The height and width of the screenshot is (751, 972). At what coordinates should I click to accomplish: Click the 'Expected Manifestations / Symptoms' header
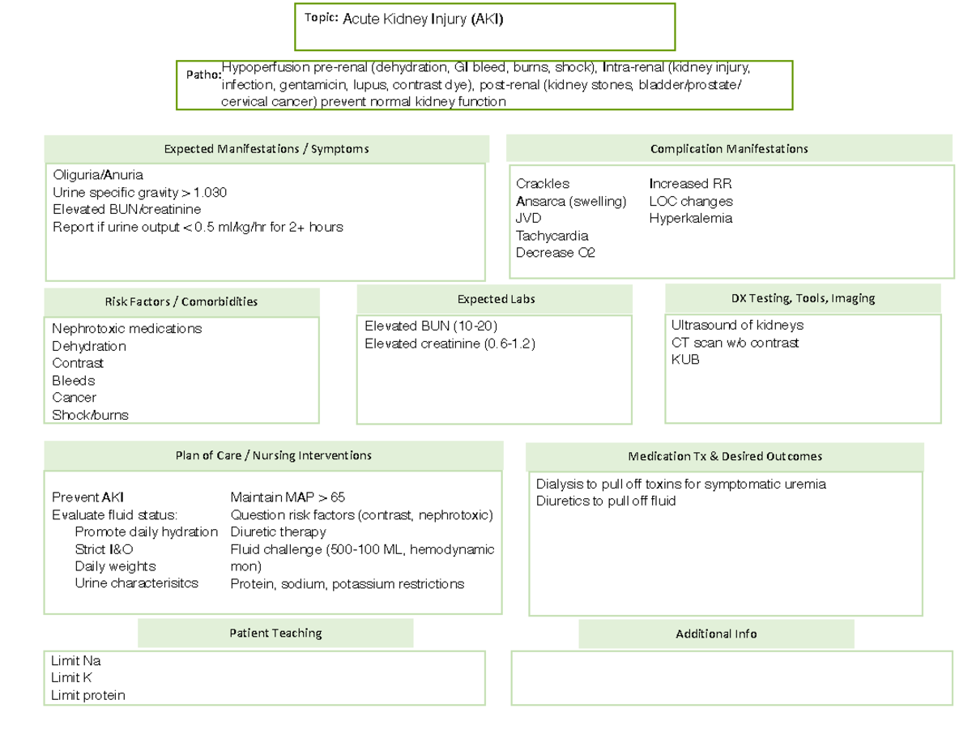(x=266, y=149)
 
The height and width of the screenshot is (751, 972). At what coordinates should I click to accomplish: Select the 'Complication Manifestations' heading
(x=729, y=149)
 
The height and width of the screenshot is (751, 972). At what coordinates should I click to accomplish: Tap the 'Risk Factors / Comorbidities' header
(x=181, y=301)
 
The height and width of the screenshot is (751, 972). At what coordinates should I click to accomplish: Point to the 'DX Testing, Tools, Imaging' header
(x=803, y=298)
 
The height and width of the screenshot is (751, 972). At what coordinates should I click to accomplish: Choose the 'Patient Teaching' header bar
(x=275, y=633)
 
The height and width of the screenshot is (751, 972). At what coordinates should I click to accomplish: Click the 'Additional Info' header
(x=716, y=634)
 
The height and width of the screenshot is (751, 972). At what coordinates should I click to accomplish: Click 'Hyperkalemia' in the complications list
(x=691, y=218)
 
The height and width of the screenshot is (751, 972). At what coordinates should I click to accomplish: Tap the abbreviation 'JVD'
(x=529, y=219)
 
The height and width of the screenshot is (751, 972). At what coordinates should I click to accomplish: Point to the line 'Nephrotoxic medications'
(x=127, y=329)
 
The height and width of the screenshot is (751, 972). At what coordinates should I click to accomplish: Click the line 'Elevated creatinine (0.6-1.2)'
(x=450, y=343)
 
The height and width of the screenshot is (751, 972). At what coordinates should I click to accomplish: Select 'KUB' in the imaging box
(x=685, y=360)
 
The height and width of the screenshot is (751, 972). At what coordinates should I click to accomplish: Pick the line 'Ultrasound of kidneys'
(x=737, y=325)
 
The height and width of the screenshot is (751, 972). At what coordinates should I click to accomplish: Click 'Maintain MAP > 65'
(x=288, y=497)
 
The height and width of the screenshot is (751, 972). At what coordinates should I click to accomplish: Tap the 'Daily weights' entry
(x=115, y=566)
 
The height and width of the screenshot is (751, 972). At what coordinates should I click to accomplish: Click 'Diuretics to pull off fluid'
(x=606, y=501)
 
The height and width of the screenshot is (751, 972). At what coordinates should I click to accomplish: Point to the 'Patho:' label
(x=203, y=75)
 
